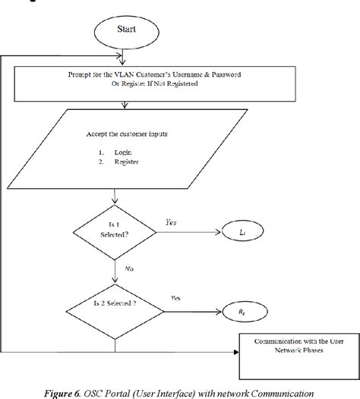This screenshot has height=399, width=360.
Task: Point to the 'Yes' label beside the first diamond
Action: click(172, 221)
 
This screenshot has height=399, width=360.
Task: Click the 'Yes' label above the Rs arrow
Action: click(177, 298)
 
